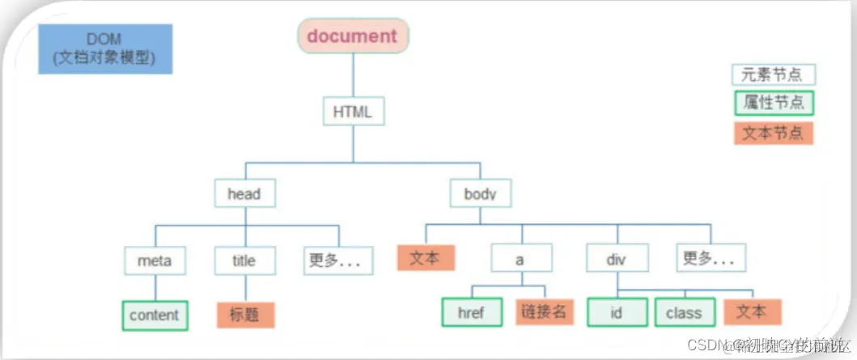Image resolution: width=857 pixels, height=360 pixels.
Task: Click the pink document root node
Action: click(353, 36)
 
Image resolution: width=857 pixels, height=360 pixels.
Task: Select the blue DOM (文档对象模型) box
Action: click(105, 49)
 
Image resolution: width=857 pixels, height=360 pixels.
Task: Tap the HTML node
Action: click(352, 112)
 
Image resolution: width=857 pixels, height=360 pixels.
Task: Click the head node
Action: click(244, 193)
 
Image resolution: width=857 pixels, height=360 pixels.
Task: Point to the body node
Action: click(480, 193)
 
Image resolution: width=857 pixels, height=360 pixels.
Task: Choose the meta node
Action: click(155, 260)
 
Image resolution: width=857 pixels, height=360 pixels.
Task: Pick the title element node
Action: click(244, 260)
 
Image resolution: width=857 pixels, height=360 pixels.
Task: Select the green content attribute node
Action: click(155, 315)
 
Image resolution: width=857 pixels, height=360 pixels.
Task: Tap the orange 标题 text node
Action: click(245, 315)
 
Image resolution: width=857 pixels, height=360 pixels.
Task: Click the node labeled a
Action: click(521, 260)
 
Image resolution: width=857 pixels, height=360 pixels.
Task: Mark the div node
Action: click(617, 260)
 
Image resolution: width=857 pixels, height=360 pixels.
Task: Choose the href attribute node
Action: click(470, 313)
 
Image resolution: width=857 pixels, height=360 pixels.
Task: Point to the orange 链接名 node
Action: click(543, 313)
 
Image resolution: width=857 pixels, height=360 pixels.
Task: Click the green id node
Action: click(617, 313)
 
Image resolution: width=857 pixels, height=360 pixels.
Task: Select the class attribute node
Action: click(684, 313)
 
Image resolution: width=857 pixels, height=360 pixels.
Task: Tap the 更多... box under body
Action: click(711, 258)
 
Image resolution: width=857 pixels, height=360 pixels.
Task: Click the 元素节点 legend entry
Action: click(773, 75)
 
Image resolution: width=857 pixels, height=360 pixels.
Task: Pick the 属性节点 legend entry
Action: click(773, 104)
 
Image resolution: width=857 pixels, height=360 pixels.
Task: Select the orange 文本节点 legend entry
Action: click(773, 133)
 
